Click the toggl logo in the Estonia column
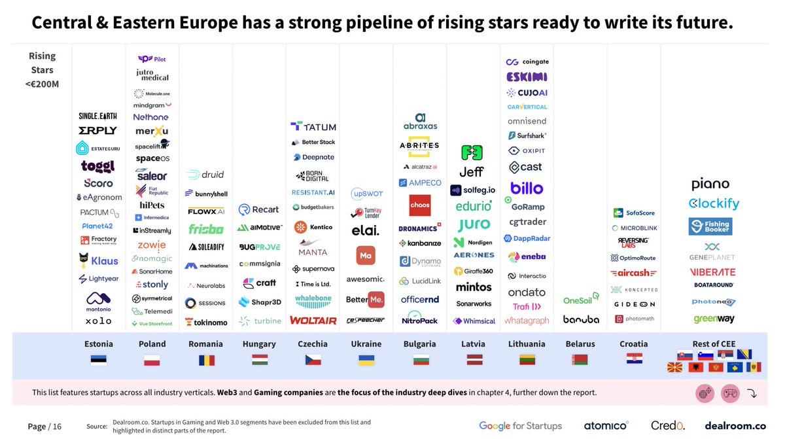[98, 166]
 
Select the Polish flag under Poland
[152, 360]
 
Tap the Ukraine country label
[366, 344]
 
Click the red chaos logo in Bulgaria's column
[419, 205]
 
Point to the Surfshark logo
[527, 135]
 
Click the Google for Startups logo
[520, 426]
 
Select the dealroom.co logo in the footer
[735, 426]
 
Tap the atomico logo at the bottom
[606, 426]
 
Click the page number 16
[56, 427]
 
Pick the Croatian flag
[633, 360]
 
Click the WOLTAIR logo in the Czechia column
[313, 321]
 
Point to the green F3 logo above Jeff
[471, 153]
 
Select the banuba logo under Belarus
[581, 320]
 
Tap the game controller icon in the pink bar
[729, 393]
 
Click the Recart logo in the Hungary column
[258, 209]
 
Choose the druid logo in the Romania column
[205, 175]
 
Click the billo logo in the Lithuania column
[527, 188]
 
